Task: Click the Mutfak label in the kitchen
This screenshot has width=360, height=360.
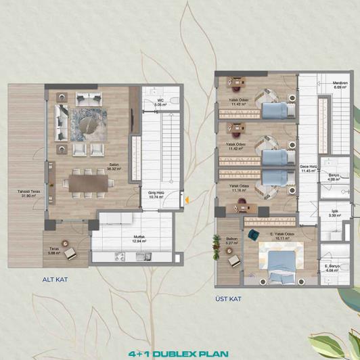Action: point(139,237)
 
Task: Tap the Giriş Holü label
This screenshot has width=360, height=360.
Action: point(157,192)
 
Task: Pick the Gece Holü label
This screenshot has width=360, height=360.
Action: point(309,168)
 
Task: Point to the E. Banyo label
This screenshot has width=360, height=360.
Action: point(332,268)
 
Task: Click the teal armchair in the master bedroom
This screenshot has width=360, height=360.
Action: point(253,234)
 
